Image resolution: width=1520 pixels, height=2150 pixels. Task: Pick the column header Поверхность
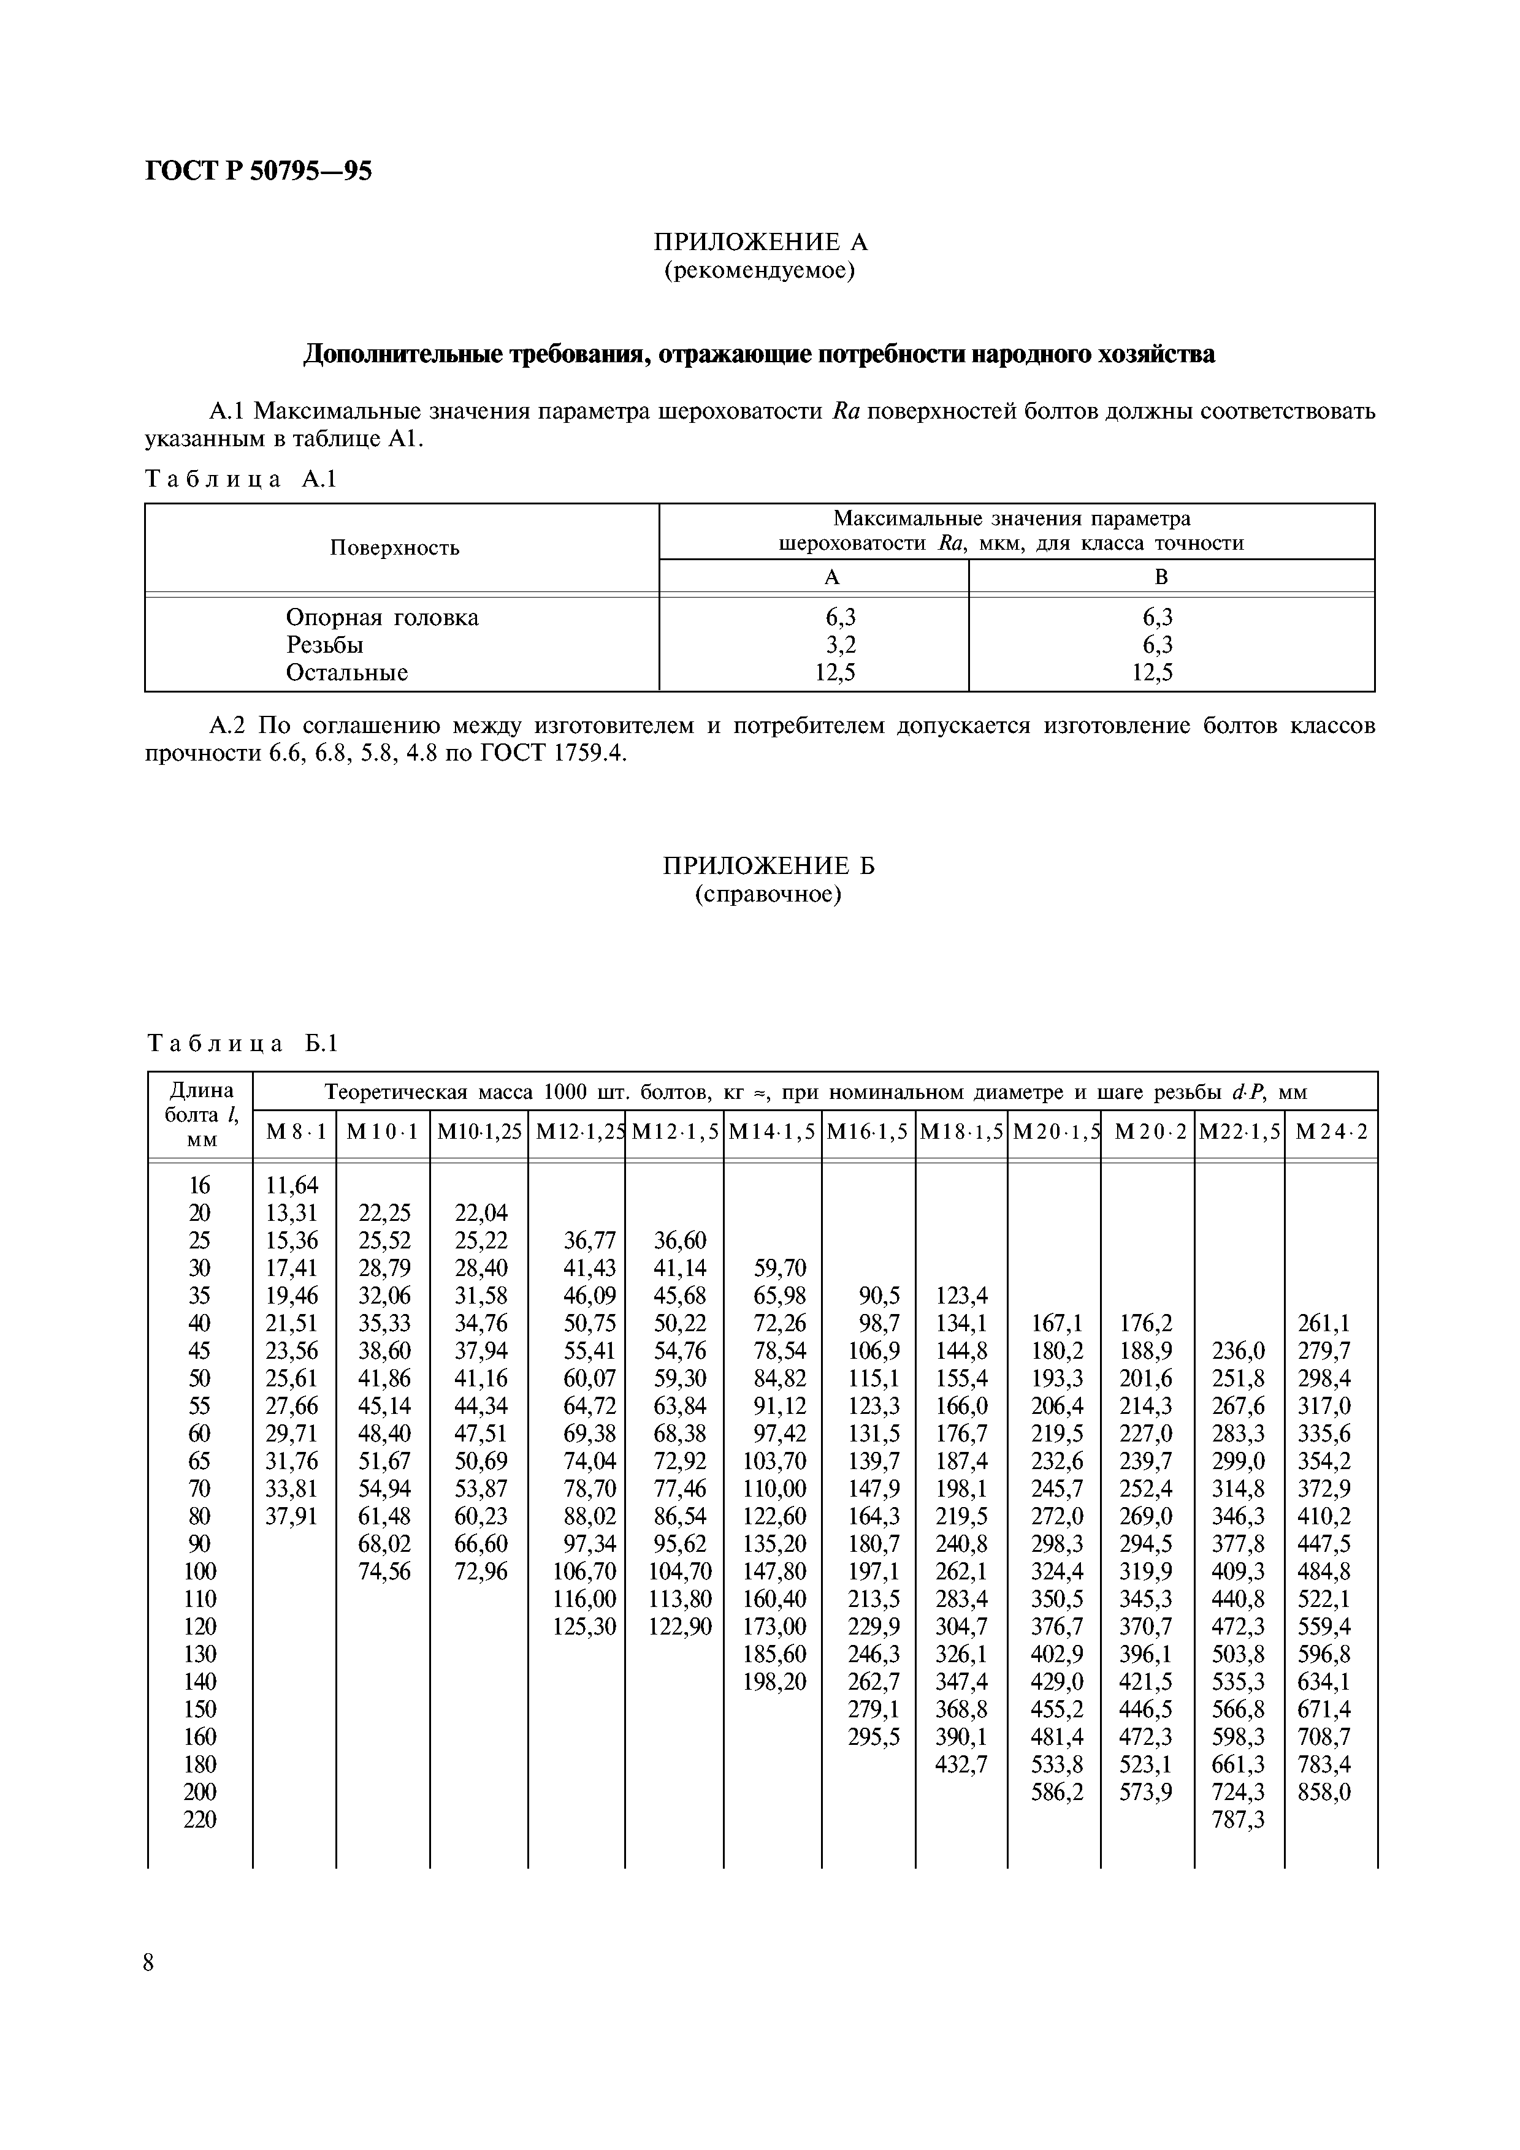click(x=394, y=548)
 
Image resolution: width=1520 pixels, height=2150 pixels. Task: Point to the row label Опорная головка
click(x=382, y=617)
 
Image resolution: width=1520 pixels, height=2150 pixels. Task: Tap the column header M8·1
click(x=295, y=1131)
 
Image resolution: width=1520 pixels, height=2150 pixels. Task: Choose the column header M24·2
click(x=1331, y=1131)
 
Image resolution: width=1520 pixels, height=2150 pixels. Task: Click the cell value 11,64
click(x=292, y=1185)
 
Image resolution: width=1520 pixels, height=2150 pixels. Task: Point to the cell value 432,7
click(x=961, y=1764)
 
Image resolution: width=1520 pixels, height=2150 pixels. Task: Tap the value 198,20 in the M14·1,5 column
click(x=774, y=1681)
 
